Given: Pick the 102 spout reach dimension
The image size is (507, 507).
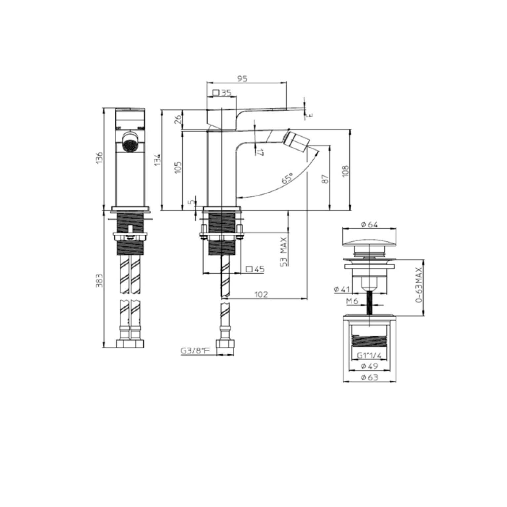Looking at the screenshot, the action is (x=261, y=294).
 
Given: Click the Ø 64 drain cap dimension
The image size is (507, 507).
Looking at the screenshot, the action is (x=369, y=224).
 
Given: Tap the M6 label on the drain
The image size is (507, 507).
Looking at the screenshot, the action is (x=352, y=301).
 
